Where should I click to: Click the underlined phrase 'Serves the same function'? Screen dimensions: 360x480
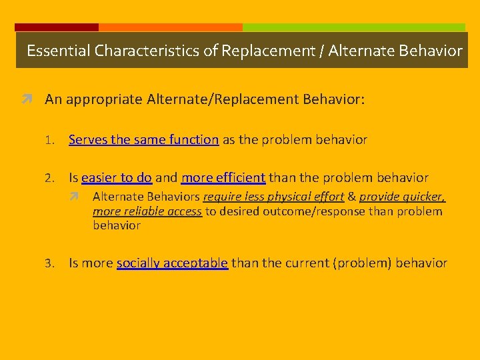point(143,140)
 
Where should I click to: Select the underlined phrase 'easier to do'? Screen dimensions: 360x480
point(117,178)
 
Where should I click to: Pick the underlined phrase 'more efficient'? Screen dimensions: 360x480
point(223,178)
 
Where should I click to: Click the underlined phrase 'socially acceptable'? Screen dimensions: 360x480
point(173,263)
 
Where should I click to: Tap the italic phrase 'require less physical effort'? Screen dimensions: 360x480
point(273,197)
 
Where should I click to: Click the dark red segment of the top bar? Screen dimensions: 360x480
point(57,27)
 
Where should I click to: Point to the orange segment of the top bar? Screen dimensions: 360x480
point(170,27)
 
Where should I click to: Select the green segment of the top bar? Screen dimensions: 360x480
point(353,27)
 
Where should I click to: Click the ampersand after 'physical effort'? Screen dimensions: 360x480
point(352,197)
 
